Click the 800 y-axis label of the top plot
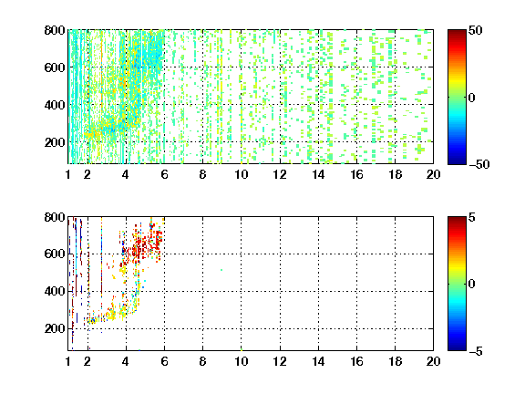55,30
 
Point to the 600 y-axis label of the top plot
55,67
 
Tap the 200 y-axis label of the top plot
55,142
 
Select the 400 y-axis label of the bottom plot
55,291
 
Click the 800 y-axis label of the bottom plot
55,217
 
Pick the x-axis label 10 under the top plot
241,174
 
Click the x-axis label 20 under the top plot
433,174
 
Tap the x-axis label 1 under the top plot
68,174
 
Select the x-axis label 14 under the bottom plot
318,361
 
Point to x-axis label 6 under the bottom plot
164,361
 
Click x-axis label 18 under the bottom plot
395,361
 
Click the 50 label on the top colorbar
476,30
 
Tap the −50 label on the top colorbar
479,164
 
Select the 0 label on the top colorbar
472,98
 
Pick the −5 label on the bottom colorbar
476,351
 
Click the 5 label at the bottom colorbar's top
472,217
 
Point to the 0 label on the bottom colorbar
472,285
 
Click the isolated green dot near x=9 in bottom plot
221,270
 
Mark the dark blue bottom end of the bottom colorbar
457,348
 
